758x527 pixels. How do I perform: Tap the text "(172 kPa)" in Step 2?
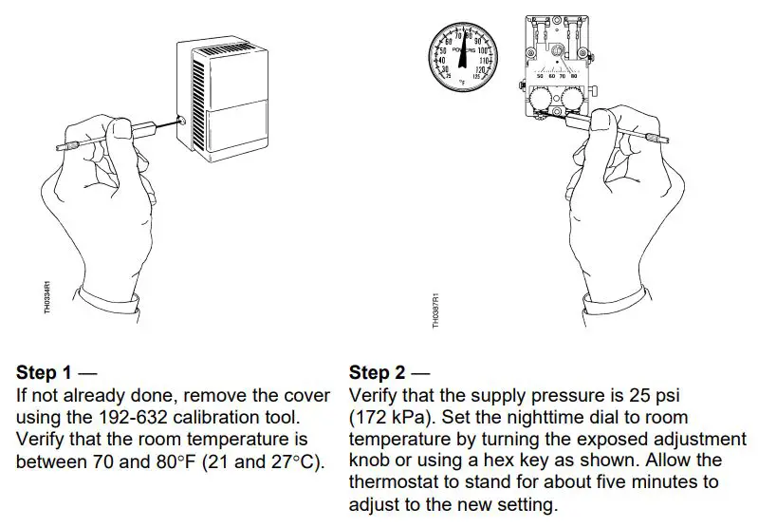pyautogui.click(x=385, y=417)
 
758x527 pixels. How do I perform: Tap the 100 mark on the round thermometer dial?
pyautogui.click(x=483, y=50)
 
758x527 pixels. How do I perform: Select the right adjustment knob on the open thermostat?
pyautogui.click(x=572, y=100)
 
